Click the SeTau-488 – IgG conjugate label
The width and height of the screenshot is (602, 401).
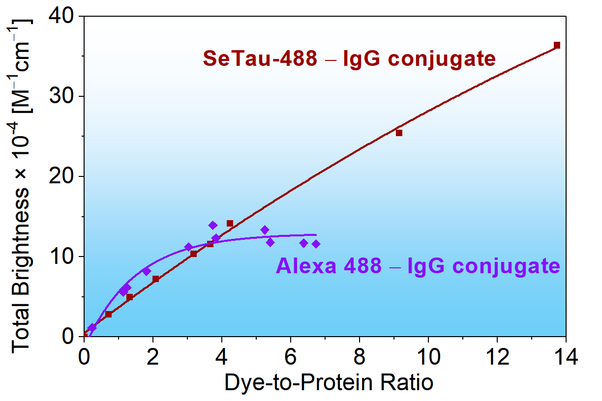(x=349, y=59)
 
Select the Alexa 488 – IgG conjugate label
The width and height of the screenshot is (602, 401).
(x=418, y=266)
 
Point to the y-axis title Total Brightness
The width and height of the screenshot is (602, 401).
(x=22, y=187)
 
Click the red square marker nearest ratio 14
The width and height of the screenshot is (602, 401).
(x=557, y=45)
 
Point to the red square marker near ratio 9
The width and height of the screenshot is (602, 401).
(x=399, y=133)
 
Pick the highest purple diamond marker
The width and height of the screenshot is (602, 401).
(x=213, y=225)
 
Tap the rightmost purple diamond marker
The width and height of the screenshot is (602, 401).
(x=316, y=244)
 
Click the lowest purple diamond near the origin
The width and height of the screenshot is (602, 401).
(x=92, y=327)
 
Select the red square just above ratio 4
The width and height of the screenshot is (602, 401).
(x=230, y=223)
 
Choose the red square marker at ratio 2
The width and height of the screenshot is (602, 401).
(x=155, y=279)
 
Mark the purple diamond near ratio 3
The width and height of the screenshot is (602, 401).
(x=188, y=247)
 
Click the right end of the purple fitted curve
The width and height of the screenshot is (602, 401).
(x=316, y=235)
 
